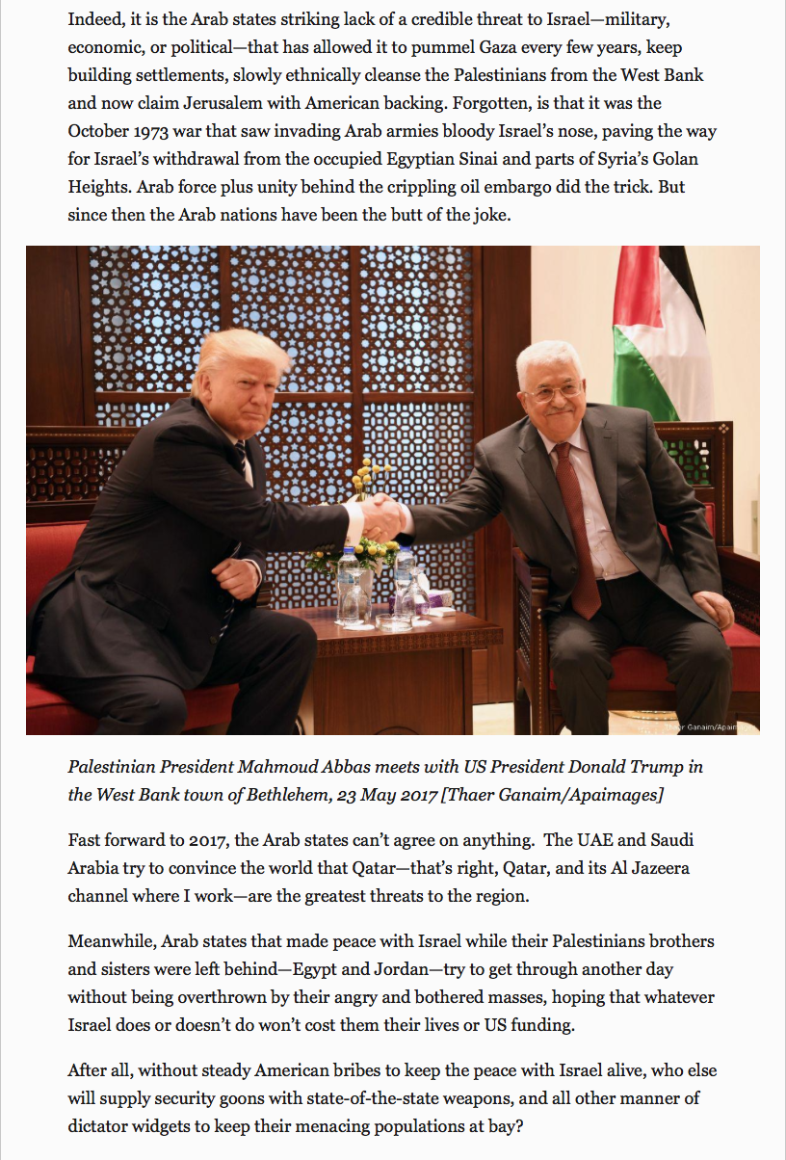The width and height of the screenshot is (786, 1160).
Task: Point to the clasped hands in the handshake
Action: tap(384, 517)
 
